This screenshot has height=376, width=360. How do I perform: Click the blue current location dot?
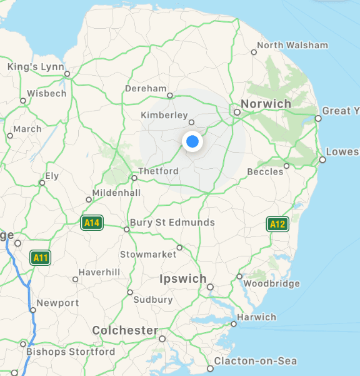192,142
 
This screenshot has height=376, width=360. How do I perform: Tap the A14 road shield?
92,222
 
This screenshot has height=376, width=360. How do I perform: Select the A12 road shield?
277,224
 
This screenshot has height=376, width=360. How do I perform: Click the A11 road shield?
41,257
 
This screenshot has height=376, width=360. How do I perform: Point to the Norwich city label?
266,103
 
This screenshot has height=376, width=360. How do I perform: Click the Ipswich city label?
183,278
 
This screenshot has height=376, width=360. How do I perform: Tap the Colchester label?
125,330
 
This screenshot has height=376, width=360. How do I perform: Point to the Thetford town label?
158,171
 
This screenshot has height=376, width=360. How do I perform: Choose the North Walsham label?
292,45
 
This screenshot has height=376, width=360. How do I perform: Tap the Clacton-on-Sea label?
255,361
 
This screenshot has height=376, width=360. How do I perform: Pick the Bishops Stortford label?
71,352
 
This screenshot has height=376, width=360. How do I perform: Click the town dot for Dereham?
169,96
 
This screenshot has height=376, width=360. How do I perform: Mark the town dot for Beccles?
286,166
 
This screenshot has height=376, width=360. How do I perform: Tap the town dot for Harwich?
234,324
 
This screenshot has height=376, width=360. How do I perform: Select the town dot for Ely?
42,183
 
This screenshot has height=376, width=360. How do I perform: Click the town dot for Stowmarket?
179,248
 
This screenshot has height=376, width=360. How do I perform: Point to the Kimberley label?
164,115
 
